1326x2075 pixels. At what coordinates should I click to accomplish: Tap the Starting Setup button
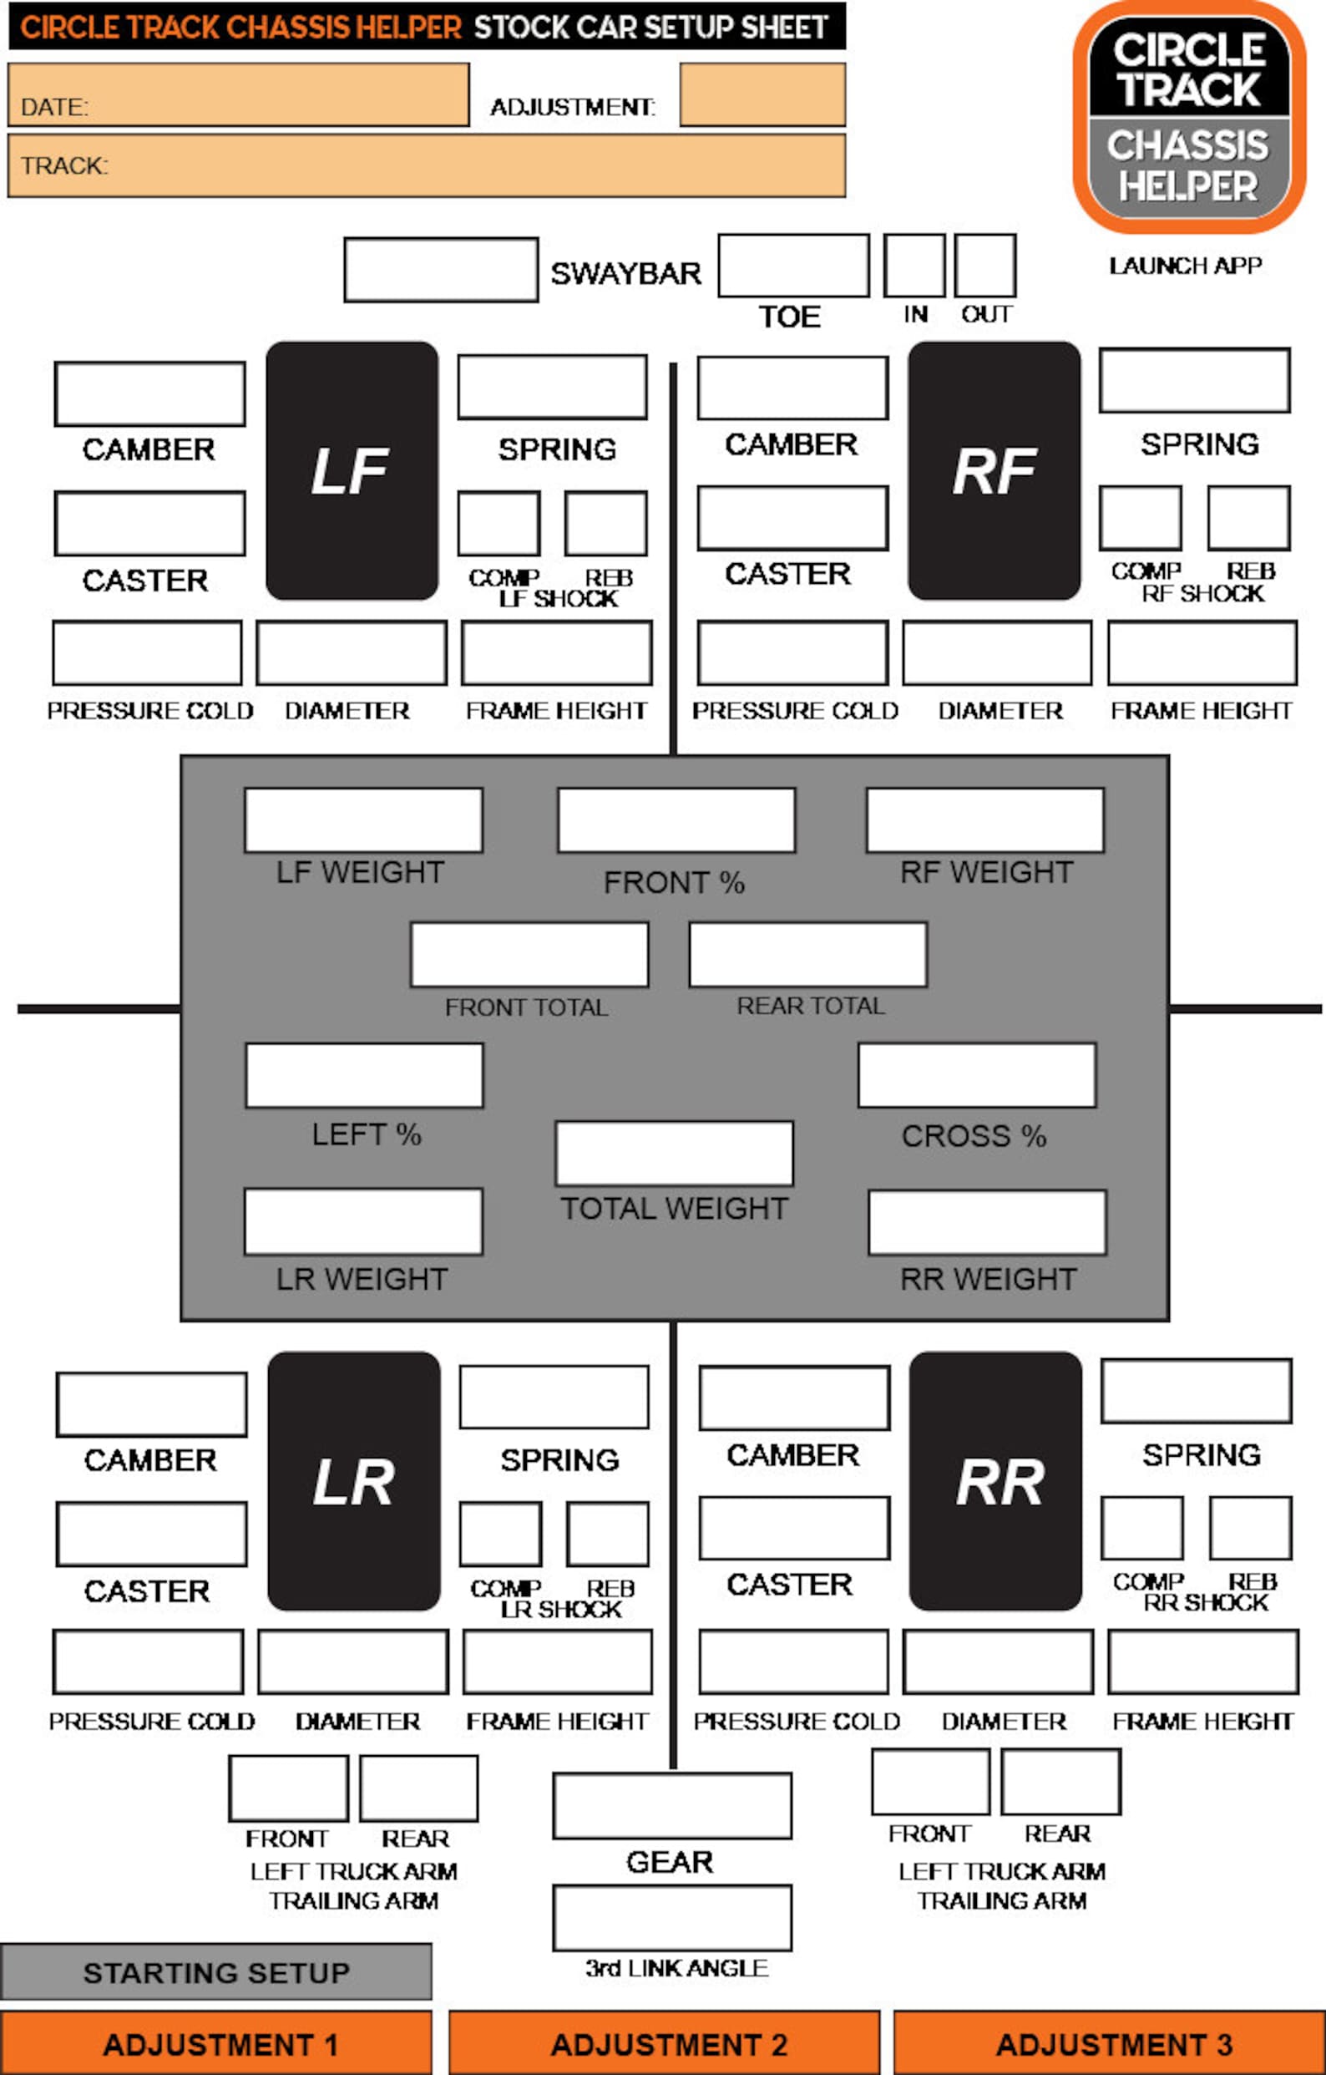(x=215, y=1971)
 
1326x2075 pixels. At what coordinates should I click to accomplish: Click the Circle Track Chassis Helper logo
(x=1189, y=116)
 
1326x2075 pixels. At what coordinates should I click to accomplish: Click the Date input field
(x=239, y=94)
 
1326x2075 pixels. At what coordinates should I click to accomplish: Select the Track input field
(x=427, y=165)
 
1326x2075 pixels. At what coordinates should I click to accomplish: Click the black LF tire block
(x=352, y=470)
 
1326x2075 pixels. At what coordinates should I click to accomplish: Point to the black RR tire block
(x=995, y=1480)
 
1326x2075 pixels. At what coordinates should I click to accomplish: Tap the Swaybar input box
(x=441, y=270)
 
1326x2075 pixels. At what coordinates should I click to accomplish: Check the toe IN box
(x=914, y=266)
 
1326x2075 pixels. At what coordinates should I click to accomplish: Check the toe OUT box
(x=984, y=266)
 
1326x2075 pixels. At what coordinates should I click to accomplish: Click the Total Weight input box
(x=675, y=1153)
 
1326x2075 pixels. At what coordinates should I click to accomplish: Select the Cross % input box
(x=977, y=1075)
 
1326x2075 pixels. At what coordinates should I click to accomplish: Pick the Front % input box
(x=676, y=820)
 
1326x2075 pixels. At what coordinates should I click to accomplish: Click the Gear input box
(x=672, y=1805)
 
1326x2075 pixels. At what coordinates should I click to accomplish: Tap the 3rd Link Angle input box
(x=672, y=1918)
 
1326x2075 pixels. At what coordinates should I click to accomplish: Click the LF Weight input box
(x=363, y=820)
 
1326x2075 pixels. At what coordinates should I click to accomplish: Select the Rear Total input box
(x=808, y=955)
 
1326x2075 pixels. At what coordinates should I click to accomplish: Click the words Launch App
(x=1186, y=266)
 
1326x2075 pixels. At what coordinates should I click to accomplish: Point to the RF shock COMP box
(x=1140, y=518)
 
